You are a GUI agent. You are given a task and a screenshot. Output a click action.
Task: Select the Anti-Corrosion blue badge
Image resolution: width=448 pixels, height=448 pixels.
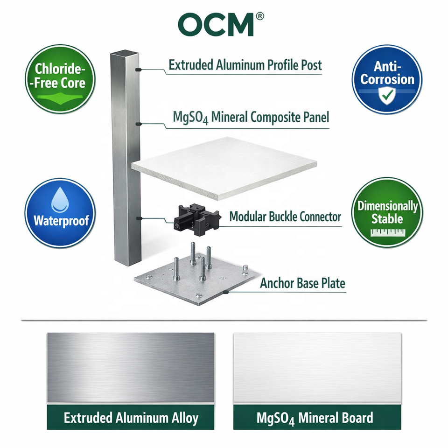tap(387, 79)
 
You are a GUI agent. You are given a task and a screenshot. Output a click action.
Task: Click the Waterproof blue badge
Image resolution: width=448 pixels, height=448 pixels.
tap(60, 213)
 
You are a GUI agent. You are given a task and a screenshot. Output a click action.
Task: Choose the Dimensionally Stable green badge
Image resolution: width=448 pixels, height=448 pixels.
tap(387, 212)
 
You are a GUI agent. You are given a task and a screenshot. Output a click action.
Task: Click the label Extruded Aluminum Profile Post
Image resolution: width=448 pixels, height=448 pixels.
tap(245, 65)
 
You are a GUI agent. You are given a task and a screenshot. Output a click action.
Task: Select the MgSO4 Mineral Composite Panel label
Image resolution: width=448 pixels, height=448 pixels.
tap(251, 117)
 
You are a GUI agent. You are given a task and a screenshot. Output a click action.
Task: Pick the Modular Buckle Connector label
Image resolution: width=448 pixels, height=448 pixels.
tap(285, 217)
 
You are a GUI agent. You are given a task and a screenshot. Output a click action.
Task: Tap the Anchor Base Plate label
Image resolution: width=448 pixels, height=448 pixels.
tap(302, 283)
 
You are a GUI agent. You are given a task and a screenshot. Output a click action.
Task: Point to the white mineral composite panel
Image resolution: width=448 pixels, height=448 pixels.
tap(224, 167)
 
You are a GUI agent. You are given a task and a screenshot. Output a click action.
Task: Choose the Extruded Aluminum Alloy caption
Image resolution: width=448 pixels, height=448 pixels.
tap(131, 418)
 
